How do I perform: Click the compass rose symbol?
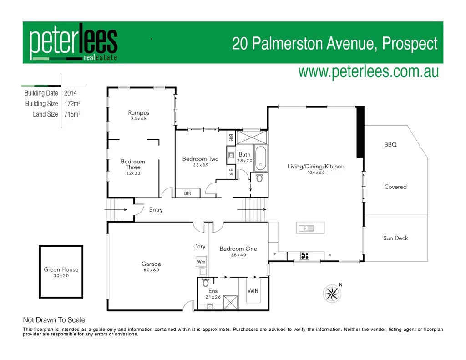[332, 292]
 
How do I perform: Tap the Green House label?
[61, 269]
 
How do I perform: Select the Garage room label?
[151, 264]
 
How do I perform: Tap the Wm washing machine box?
[201, 262]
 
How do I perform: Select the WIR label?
[253, 290]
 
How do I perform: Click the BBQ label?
[390, 145]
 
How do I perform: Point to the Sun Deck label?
[395, 238]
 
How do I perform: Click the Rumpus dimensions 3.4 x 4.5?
[138, 119]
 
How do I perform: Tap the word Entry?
[156, 210]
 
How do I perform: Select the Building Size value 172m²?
[72, 104]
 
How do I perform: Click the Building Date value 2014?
[71, 93]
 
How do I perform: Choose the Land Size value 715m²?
[72, 114]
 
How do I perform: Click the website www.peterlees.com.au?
[368, 71]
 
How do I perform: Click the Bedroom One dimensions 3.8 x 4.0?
[238, 255]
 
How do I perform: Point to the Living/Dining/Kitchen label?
[316, 167]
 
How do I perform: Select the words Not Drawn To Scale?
[54, 320]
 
